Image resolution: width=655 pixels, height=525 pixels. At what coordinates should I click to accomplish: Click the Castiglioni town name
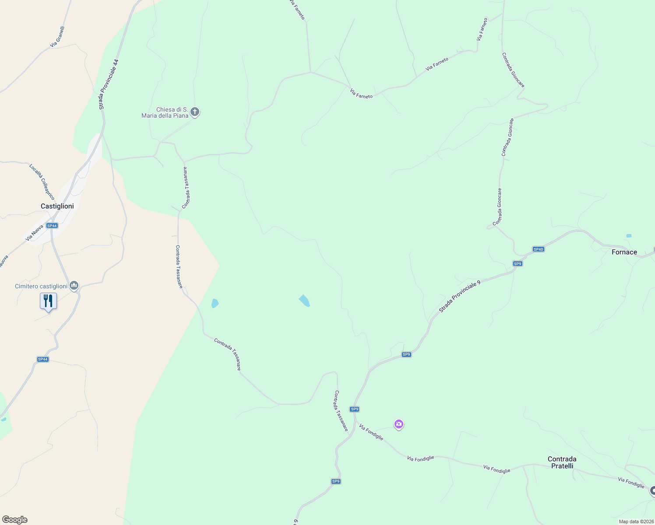(x=57, y=206)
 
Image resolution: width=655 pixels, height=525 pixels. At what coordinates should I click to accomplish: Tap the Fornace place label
(x=624, y=252)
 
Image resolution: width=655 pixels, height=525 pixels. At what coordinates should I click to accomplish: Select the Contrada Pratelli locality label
(x=562, y=462)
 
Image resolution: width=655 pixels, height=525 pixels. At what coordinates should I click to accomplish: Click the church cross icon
(x=195, y=112)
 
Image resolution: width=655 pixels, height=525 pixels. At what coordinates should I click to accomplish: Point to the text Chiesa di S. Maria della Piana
(x=165, y=112)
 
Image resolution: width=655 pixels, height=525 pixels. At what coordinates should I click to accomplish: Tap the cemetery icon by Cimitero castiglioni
(x=74, y=286)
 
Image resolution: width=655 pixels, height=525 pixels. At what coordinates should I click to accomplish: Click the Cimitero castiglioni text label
(x=41, y=286)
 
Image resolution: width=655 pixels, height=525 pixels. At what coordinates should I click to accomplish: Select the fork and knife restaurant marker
(x=48, y=301)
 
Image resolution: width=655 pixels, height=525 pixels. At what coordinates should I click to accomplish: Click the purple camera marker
(x=398, y=424)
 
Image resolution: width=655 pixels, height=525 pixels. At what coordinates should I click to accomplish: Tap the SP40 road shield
(x=538, y=249)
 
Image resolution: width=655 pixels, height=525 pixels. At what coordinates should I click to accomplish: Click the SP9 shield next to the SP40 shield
(x=518, y=264)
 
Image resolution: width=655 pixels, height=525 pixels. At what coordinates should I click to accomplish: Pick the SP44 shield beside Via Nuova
(x=52, y=226)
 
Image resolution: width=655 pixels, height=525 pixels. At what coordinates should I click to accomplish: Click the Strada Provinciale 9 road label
(x=460, y=296)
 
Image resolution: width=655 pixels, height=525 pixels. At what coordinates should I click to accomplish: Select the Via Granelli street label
(x=57, y=37)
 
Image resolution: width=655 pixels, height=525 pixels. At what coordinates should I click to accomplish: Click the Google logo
(x=14, y=520)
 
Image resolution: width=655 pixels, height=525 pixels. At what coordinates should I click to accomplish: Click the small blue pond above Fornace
(x=629, y=236)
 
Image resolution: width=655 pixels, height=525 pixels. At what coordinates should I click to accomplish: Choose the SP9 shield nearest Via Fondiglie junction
(x=354, y=409)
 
